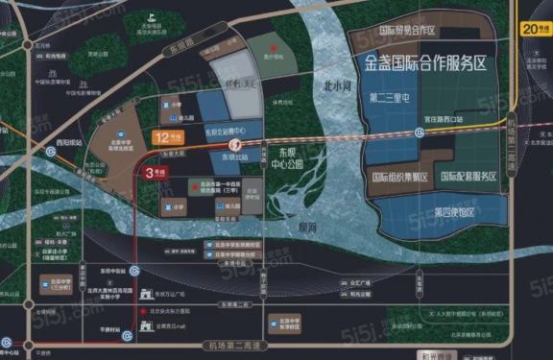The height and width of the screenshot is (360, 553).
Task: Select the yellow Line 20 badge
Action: tap(534, 30)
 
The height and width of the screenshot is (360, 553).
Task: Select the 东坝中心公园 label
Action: tap(285, 157)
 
